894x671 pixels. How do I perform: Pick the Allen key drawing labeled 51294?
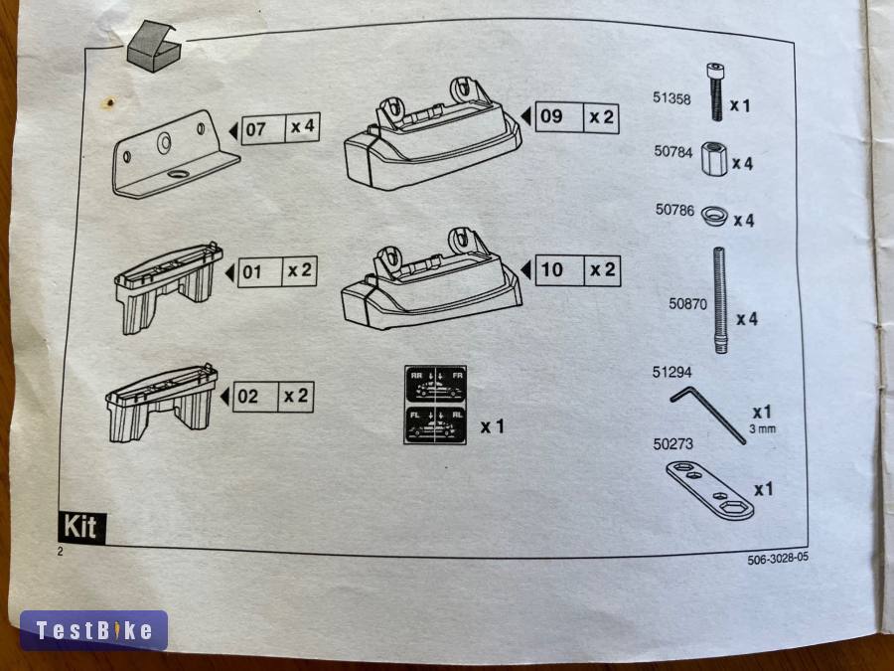tap(708, 413)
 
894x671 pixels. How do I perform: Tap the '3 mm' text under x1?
tap(762, 430)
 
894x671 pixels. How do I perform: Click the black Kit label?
tap(81, 526)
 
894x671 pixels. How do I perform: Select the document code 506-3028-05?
tap(778, 559)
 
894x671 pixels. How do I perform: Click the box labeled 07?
tap(256, 129)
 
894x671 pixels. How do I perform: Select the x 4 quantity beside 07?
tap(301, 127)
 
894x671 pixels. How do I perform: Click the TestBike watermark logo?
tap(93, 630)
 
